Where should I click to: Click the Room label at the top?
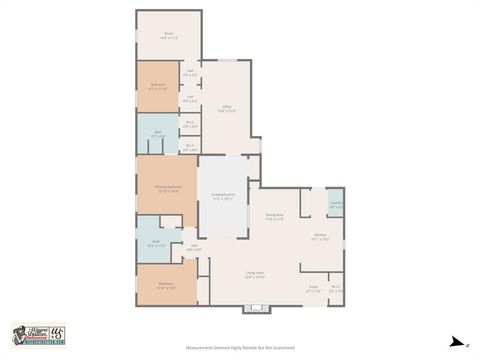coord(169,35)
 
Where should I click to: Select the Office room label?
coord(227,108)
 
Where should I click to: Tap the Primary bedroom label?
coord(167,189)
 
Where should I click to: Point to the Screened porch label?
coord(223,196)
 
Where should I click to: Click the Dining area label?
coord(274,217)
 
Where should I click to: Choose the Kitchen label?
coord(319,238)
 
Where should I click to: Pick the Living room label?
coord(255,275)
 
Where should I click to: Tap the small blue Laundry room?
coord(335,203)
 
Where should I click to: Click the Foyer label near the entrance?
coord(313,288)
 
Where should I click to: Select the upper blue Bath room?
coord(158,134)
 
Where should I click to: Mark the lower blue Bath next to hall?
coord(156,244)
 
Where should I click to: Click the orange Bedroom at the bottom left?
coord(165,285)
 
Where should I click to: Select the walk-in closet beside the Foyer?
coord(336,288)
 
